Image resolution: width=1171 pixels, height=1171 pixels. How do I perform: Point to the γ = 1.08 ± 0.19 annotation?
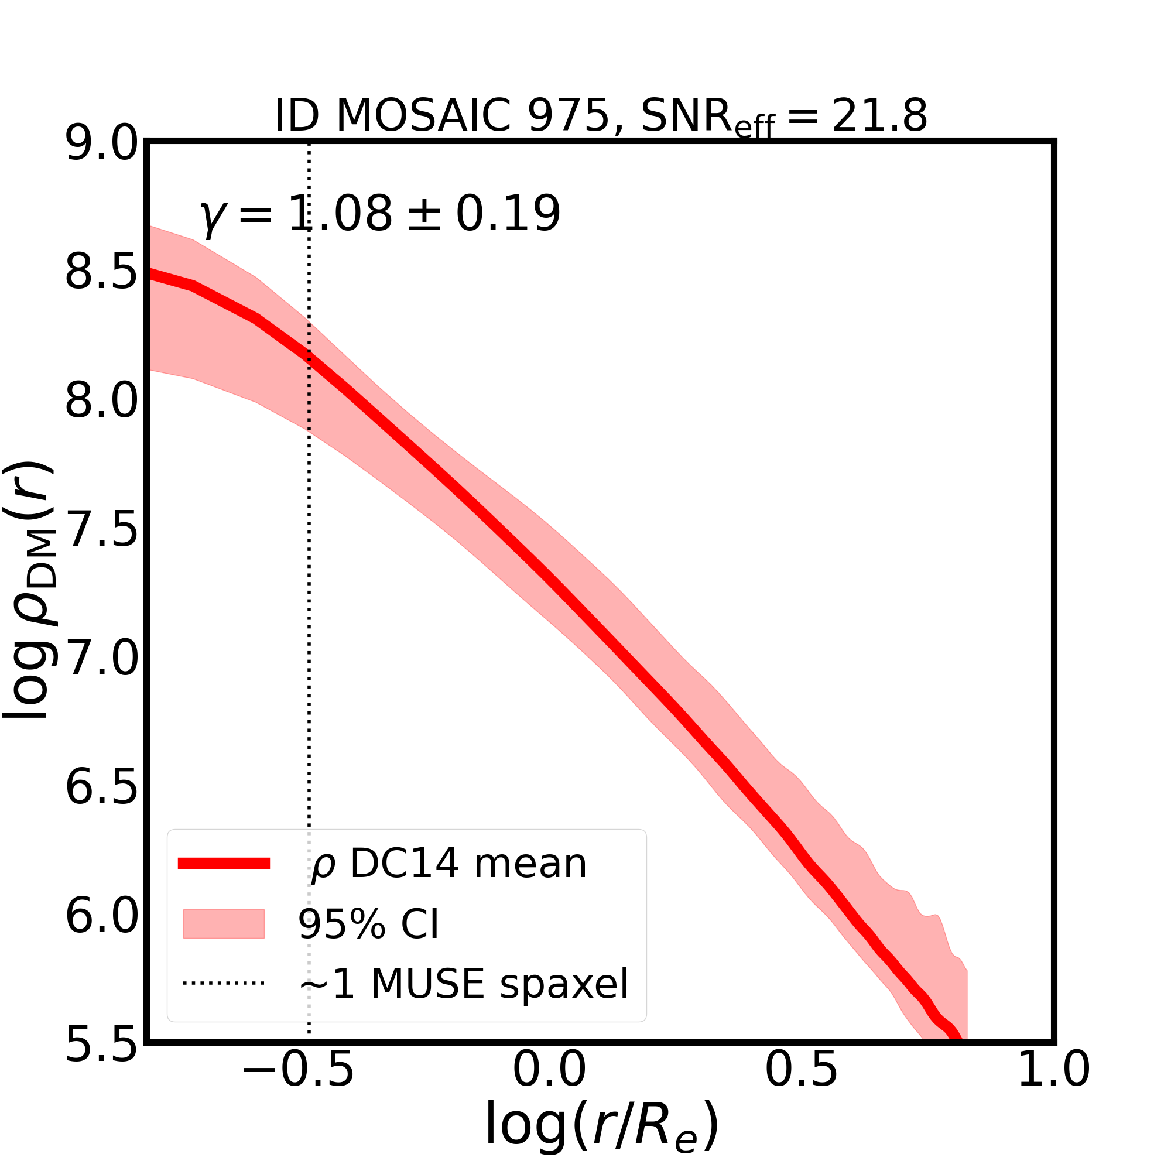(379, 214)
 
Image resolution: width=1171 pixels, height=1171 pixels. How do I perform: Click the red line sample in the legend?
(224, 864)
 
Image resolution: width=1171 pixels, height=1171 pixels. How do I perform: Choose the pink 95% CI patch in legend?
(224, 924)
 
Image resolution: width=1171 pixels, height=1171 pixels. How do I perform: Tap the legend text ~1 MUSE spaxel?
(463, 984)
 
